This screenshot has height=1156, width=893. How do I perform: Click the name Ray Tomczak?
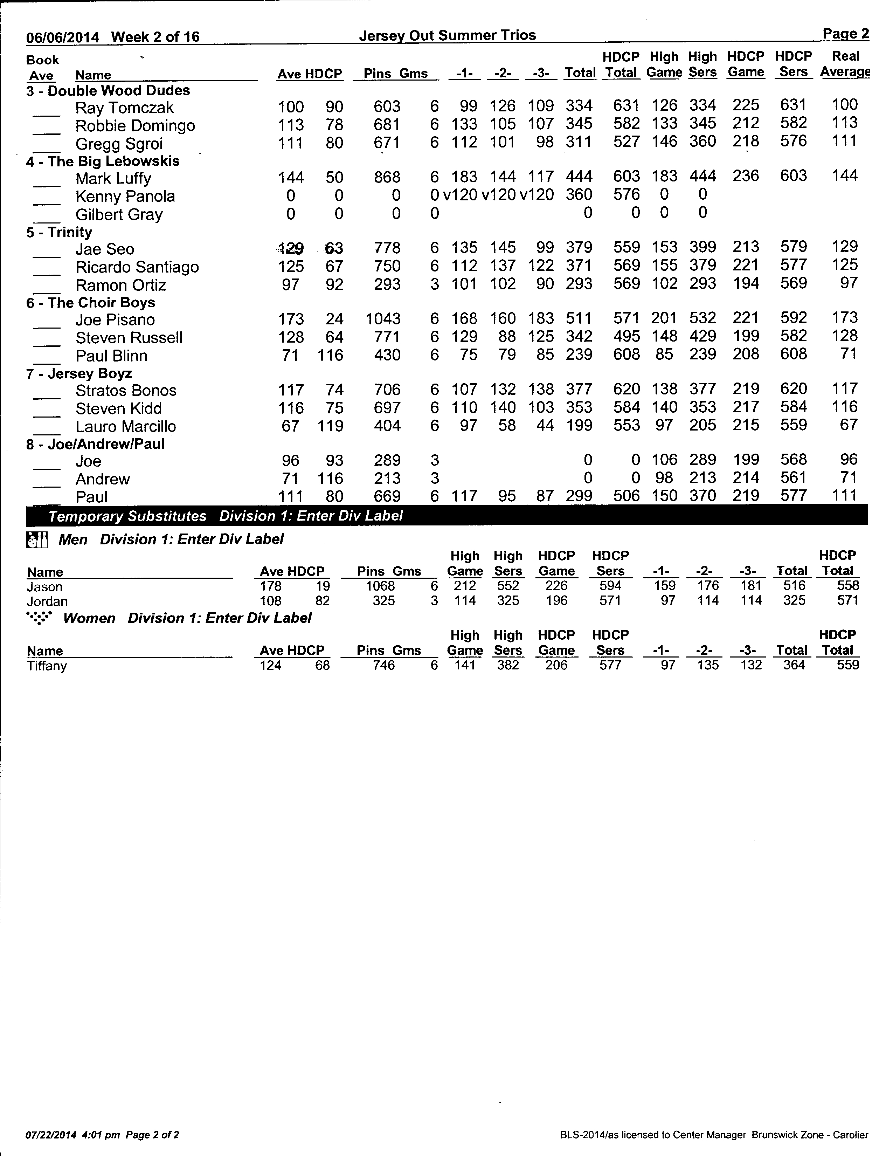(x=124, y=108)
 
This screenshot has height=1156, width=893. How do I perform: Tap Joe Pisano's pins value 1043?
(x=383, y=319)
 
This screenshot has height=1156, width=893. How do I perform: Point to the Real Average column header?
(x=845, y=64)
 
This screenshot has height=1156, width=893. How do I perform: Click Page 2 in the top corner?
(x=845, y=34)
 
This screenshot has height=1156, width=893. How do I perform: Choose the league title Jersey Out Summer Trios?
(x=447, y=35)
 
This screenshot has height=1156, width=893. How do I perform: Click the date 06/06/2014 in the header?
(x=62, y=37)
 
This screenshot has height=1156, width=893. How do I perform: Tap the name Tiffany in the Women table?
(x=47, y=666)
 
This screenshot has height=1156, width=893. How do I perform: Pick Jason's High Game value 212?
(x=465, y=586)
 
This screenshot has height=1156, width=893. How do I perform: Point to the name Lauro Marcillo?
(x=125, y=427)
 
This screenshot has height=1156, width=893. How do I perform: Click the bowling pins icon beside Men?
(x=37, y=540)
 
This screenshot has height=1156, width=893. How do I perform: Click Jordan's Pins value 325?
(x=383, y=601)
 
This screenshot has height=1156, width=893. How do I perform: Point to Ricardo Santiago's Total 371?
(x=579, y=266)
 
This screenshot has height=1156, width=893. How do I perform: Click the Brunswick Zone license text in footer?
(x=714, y=1135)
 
